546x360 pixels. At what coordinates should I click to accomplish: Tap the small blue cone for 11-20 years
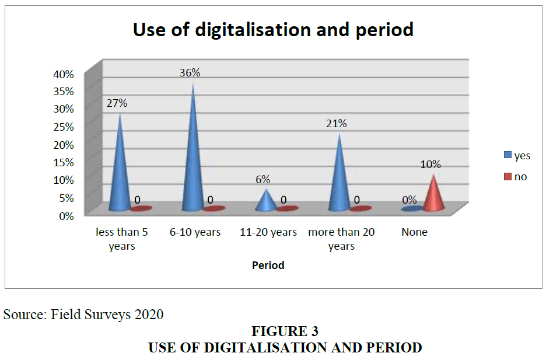point(266,201)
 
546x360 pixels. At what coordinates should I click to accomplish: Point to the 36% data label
point(190,72)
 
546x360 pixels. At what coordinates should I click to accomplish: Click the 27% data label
point(117,103)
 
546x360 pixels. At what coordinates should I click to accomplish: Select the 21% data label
point(337,123)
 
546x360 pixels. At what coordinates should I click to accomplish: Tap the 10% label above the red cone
point(430,164)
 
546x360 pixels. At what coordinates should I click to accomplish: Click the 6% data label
point(263,179)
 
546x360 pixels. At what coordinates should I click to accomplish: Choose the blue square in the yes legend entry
point(508,155)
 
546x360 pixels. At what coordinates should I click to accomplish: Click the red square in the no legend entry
point(508,177)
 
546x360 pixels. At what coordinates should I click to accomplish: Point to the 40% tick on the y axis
point(64,74)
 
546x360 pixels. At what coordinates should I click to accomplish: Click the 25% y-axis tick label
point(64,127)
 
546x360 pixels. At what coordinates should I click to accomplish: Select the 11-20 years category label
point(268,232)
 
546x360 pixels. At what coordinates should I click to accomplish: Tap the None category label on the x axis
point(414,232)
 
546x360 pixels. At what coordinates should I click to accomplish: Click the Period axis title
point(268,265)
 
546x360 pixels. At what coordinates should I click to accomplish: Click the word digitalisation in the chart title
point(253,30)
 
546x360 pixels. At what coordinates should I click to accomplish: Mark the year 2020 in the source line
point(149,314)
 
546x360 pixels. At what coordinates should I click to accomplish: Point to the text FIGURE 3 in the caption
point(285,331)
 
